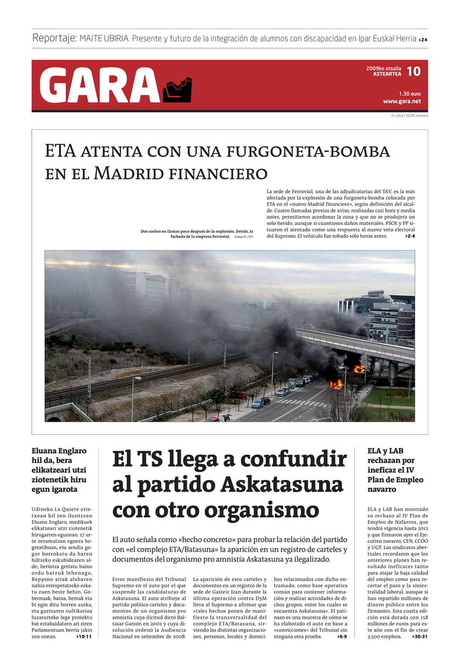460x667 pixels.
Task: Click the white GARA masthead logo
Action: pos(99,85)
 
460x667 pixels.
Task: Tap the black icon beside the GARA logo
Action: pos(177,90)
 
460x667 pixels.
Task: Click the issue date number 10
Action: pos(413,71)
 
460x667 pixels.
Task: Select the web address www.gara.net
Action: pos(401,101)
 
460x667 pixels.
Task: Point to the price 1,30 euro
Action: pos(410,93)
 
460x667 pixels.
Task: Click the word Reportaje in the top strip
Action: pos(54,38)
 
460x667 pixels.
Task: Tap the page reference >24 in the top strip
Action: pos(423,39)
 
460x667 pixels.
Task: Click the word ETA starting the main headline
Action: pos(61,151)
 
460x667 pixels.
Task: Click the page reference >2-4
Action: pos(409,236)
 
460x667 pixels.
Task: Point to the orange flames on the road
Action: pos(336,384)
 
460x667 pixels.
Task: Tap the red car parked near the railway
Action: pos(239,395)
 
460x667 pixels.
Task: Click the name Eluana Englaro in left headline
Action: pos(59,451)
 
